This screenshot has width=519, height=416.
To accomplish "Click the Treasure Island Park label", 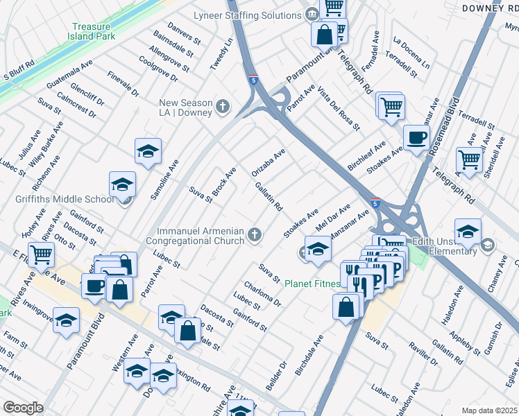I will point(94,31).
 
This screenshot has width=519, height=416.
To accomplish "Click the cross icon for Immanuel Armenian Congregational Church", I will point(255,235).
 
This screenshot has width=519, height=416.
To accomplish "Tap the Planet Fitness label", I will point(314,284).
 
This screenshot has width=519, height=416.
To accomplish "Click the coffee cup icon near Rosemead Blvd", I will point(416,137).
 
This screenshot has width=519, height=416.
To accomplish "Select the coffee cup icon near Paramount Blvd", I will point(95,285).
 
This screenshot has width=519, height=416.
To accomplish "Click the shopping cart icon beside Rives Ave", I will point(41,254).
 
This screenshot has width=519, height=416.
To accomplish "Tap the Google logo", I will point(23,408).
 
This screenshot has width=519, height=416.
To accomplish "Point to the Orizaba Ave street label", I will point(269,162).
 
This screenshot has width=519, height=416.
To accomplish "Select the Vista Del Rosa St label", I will point(339,110).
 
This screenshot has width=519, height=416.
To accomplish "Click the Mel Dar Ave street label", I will point(333,215).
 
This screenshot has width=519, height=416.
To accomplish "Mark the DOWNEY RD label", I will point(490,7).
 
